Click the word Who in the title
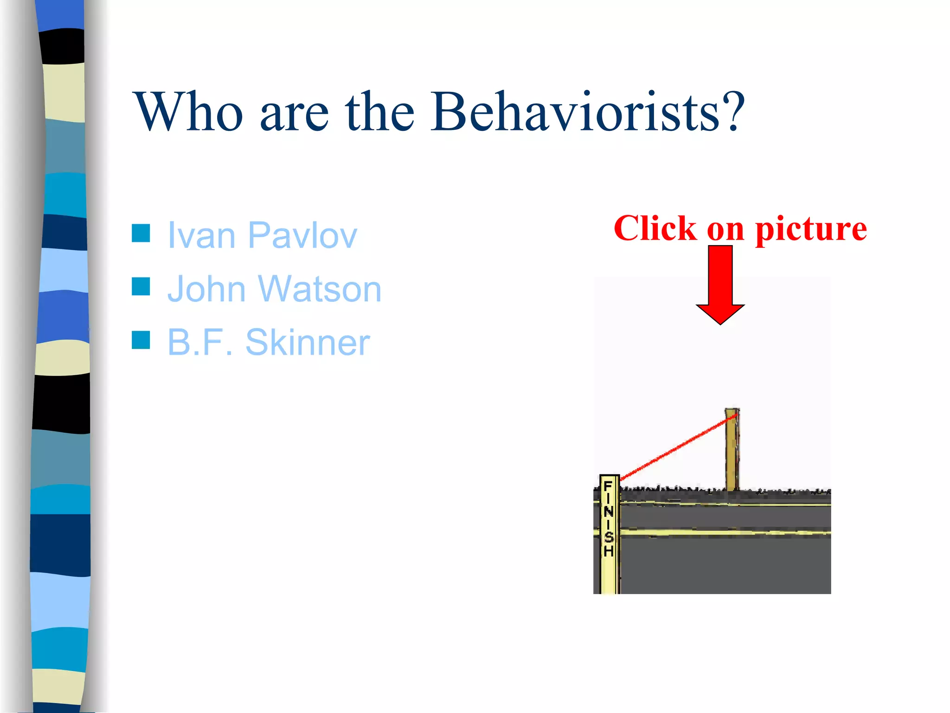[x=188, y=112]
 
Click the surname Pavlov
[x=302, y=235]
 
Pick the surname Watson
[x=320, y=289]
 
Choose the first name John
[x=206, y=289]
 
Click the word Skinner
[x=308, y=343]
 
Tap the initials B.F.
[x=199, y=343]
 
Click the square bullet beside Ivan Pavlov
[x=141, y=233]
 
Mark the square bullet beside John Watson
[x=141, y=286]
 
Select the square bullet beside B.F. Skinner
[x=141, y=340]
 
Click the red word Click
[x=655, y=228]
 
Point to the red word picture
[x=811, y=229]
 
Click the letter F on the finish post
[x=608, y=486]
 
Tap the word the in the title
[x=379, y=112]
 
